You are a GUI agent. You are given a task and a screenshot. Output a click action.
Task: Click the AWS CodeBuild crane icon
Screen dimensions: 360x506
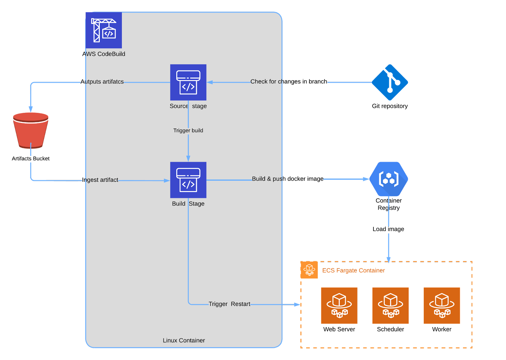tap(104, 30)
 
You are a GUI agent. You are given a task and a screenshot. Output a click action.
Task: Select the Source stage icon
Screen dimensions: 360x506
tap(188, 82)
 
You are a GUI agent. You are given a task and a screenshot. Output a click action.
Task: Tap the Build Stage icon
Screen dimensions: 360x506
tap(188, 180)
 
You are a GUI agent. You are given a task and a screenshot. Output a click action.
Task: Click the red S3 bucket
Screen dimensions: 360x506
tap(31, 130)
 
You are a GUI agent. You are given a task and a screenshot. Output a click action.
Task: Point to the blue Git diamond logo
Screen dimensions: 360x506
tap(390, 82)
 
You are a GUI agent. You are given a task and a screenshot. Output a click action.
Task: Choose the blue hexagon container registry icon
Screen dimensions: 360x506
tap(389, 179)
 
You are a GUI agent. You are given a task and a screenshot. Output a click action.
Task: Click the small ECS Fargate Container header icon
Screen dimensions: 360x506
tap(309, 270)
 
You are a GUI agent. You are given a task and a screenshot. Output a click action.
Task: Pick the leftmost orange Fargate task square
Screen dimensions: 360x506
tap(339, 306)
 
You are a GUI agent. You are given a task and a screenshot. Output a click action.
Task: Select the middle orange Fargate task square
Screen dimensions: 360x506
tap(391, 306)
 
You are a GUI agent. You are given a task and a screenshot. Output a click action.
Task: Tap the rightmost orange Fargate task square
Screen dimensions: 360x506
tap(442, 306)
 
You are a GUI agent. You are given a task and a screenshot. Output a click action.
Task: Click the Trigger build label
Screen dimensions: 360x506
tap(188, 131)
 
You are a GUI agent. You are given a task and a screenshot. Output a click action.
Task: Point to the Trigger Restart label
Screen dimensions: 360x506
tap(229, 304)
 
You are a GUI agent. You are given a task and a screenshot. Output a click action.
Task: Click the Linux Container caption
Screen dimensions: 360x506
tap(184, 340)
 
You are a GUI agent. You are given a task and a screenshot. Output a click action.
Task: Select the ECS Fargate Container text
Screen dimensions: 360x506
tap(353, 271)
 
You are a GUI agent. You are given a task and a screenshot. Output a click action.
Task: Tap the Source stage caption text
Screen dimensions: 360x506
tap(188, 106)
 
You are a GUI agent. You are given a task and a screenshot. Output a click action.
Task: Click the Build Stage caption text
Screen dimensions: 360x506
tap(188, 204)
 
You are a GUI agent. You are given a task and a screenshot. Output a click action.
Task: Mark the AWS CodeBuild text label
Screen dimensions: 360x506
tap(105, 54)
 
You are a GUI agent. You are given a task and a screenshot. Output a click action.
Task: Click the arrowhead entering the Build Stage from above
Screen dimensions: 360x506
tap(188, 158)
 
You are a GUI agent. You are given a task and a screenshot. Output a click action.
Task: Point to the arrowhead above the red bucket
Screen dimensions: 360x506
tap(31, 109)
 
